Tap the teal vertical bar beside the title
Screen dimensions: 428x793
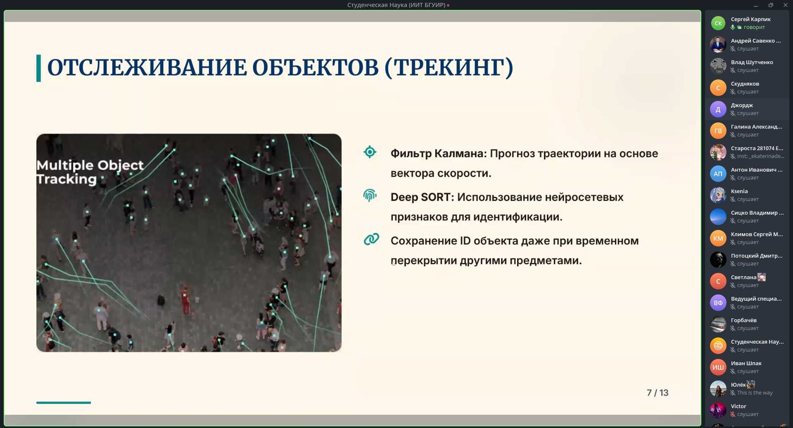38,68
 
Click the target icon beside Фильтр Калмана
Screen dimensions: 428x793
370,152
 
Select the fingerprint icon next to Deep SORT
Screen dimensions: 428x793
370,195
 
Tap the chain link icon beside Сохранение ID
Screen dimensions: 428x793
371,239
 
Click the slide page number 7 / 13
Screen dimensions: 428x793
657,393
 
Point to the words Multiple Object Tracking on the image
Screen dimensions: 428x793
90,172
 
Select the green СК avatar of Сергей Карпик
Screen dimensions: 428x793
718,23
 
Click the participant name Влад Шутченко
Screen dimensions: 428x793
752,62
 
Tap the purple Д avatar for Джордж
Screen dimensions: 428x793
718,110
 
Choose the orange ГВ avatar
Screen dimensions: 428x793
718,131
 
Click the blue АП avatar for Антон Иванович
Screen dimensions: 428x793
718,174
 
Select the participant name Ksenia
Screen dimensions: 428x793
739,191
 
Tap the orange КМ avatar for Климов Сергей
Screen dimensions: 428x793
718,238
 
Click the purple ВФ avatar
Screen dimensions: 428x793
718,303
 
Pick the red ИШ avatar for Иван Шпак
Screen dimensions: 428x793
718,367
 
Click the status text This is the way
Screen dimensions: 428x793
755,393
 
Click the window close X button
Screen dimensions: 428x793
785,5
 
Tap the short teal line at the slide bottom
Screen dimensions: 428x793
63,402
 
